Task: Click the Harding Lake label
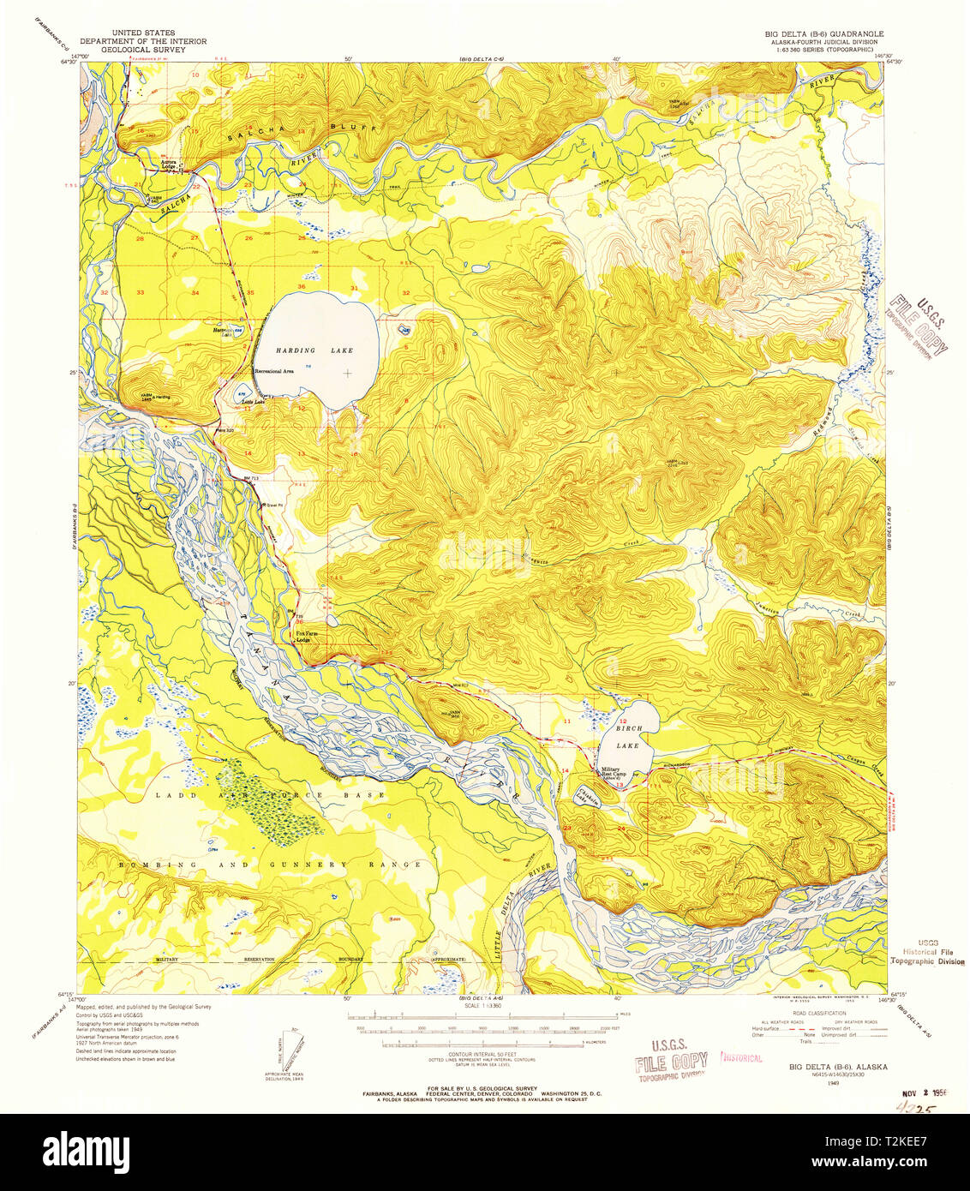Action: point(314,350)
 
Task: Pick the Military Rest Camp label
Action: point(616,772)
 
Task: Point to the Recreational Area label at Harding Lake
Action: point(274,370)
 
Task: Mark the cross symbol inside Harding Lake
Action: point(347,373)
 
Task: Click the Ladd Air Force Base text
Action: point(270,796)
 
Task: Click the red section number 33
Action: point(141,292)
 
